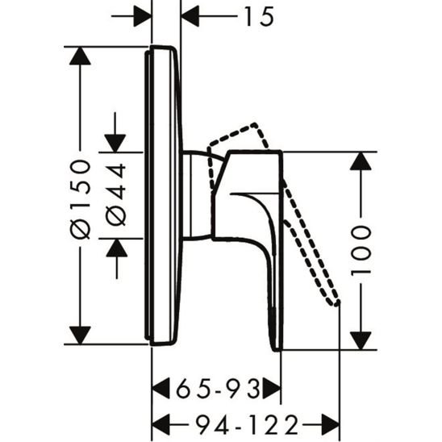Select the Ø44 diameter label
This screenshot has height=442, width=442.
coord(117,194)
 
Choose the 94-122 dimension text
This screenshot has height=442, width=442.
coord(244,422)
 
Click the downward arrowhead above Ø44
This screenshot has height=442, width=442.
coord(117,141)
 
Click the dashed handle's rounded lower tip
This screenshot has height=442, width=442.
coord(335,302)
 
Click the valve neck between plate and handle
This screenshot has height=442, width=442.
coord(196,194)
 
